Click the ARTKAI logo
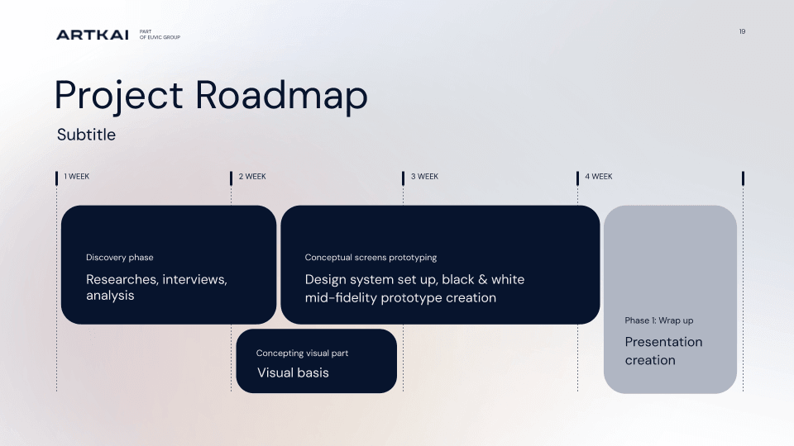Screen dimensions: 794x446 click(92, 35)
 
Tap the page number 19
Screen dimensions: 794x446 click(742, 31)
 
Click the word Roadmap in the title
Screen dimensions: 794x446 click(281, 94)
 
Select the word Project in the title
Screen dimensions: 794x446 click(118, 97)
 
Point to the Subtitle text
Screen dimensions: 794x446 click(86, 135)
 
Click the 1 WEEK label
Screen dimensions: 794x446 click(76, 177)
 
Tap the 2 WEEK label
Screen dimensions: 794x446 click(252, 177)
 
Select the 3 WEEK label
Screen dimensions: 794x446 click(424, 177)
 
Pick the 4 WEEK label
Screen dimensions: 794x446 click(599, 177)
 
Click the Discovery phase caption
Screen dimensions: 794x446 click(119, 258)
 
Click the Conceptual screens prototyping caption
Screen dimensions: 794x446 click(371, 258)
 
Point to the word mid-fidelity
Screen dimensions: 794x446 click(341, 298)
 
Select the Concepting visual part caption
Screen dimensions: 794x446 click(302, 353)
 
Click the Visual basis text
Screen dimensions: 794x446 click(293, 372)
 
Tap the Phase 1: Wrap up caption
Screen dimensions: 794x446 click(659, 320)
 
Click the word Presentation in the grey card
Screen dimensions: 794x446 click(663, 342)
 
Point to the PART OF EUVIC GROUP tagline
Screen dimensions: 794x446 click(160, 35)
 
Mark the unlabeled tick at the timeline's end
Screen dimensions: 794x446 click(743, 178)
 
